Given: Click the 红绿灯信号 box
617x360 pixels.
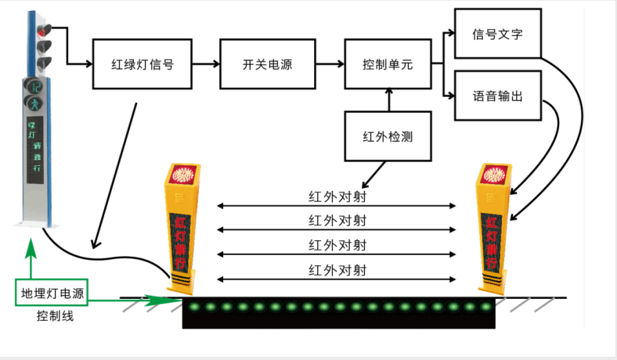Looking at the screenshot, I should coord(143,65).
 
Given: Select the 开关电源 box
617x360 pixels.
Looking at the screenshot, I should coord(267,65).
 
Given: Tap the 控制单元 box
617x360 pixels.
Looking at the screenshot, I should coord(388,65).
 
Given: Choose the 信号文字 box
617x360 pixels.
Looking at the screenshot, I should coord(497,34).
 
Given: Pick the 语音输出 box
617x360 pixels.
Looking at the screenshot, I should coord(497,96).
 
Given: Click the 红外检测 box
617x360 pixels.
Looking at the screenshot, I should coord(388,136).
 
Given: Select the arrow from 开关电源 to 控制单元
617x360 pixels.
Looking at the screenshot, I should coord(329,65).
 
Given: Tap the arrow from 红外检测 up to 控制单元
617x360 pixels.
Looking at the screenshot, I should coord(388,100).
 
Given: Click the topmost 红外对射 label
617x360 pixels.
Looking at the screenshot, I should coord(337,196).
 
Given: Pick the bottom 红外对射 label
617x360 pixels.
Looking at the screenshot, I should coord(337,270).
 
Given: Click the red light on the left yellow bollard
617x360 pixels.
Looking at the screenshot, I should coord(183,173).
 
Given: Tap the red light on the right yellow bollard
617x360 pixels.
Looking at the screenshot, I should coord(495,173).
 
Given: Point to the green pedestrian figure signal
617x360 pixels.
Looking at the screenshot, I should coord(34,103).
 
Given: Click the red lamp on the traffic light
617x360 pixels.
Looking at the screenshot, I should coord(42,32).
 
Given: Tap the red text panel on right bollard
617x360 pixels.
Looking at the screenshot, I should coord(492,235).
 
